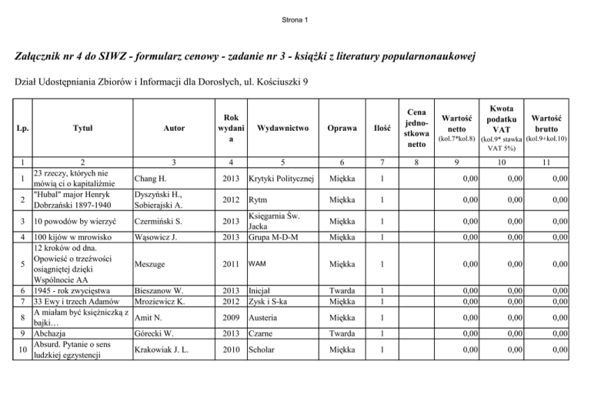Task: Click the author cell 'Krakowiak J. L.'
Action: point(163,350)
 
